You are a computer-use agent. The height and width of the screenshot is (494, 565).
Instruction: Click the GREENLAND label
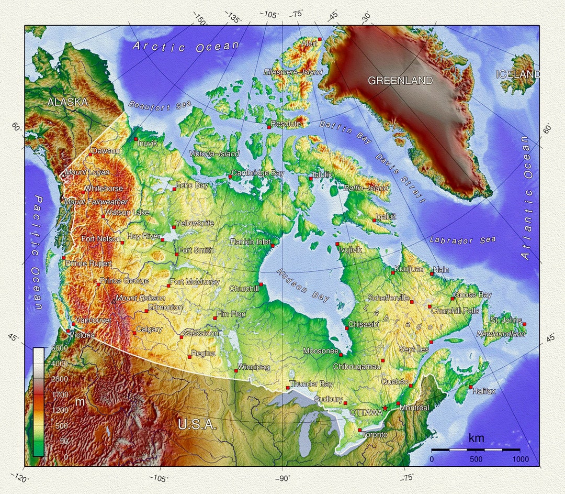click(400, 81)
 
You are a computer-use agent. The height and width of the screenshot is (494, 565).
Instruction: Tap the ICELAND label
click(518, 74)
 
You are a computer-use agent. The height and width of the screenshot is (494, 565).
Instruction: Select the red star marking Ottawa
click(386, 408)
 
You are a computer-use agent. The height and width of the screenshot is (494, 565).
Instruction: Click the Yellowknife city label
click(195, 223)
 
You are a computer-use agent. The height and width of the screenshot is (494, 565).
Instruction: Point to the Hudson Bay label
click(303, 286)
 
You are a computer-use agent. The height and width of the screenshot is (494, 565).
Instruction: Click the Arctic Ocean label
click(185, 47)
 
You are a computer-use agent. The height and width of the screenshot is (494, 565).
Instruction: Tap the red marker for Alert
click(320, 39)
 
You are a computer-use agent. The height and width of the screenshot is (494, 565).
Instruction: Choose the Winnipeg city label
click(254, 367)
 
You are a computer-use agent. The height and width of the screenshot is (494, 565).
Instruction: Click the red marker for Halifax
click(470, 387)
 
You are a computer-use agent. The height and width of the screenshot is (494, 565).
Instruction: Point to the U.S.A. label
click(197, 424)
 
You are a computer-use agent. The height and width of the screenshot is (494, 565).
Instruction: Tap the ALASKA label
click(67, 102)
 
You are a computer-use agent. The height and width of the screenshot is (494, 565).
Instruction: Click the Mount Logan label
click(87, 172)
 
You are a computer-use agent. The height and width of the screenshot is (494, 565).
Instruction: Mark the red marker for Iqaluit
click(374, 220)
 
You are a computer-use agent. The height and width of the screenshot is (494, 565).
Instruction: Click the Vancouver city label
click(93, 320)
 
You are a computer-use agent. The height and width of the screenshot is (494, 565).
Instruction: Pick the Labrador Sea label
click(463, 240)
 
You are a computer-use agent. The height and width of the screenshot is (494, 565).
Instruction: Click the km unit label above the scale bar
click(476, 438)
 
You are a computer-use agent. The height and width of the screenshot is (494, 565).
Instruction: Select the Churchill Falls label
click(455, 311)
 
